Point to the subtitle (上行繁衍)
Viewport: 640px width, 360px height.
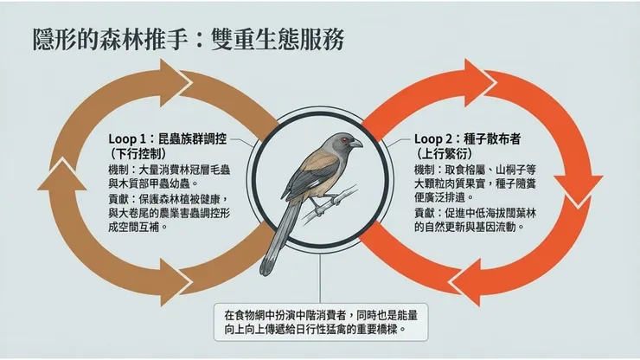tap(445, 155)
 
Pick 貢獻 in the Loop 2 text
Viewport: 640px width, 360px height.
tap(425, 212)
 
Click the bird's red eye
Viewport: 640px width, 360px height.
tap(347, 141)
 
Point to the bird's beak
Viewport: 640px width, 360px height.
tap(360, 145)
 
